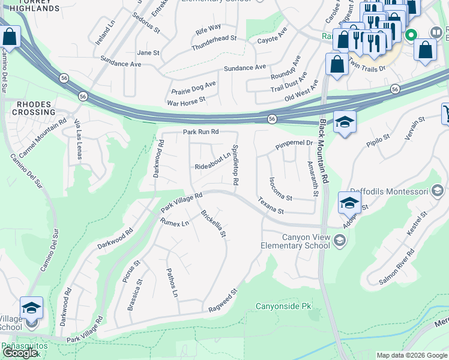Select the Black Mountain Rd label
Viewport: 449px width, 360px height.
[324, 151]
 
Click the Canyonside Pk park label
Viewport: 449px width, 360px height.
[284, 306]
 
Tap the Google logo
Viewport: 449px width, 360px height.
[20, 353]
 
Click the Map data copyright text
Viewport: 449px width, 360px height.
[411, 355]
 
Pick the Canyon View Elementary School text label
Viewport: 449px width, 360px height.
[295, 241]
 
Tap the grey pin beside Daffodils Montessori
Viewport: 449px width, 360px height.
[438, 191]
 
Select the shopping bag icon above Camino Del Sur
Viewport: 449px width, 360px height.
[10, 37]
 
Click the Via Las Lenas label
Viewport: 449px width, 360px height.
[78, 139]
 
